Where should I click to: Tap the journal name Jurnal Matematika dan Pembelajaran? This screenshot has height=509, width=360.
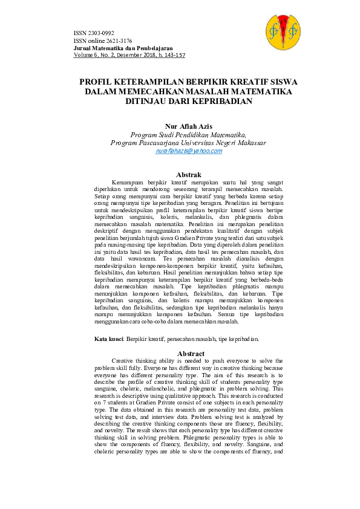123,47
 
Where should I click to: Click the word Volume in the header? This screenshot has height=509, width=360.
82,54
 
